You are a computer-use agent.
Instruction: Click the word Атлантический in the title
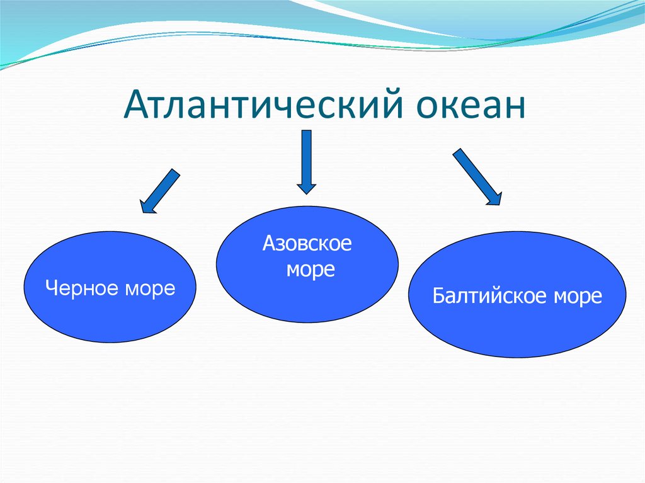264,104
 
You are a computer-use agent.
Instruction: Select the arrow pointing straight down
307,162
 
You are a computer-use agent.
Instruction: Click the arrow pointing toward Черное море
159,191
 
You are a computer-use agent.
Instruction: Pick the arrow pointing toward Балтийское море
477,176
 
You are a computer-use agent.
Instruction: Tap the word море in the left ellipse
150,290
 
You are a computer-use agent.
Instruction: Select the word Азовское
307,243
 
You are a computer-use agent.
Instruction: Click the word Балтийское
490,295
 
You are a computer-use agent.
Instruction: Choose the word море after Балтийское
578,297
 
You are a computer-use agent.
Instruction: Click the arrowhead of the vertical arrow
307,188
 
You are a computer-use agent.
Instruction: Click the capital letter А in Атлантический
135,104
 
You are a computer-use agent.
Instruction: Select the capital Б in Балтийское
438,295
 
